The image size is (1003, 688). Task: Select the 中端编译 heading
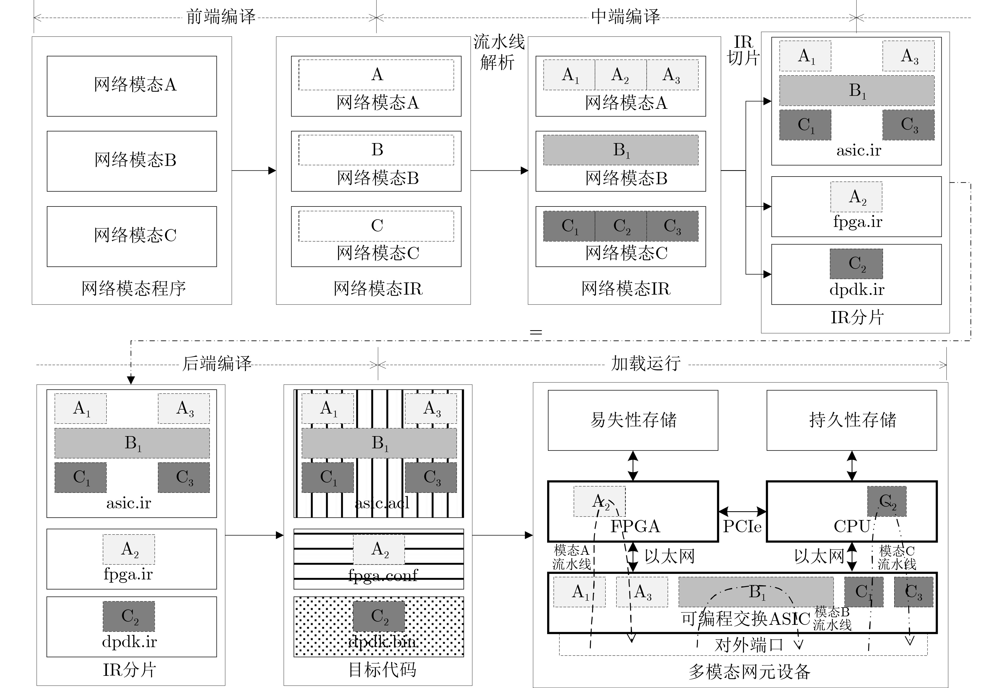pos(625,17)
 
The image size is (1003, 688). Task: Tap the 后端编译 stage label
pos(217,364)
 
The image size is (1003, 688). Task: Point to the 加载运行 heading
pos(646,364)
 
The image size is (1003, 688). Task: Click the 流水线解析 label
pos(499,52)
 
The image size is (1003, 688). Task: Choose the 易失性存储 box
pos(633,420)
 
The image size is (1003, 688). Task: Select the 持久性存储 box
pos(851,420)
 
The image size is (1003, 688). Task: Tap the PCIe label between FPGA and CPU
pos(742,526)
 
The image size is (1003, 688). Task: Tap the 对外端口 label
pos(749,645)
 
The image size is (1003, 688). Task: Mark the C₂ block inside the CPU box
pos(887,501)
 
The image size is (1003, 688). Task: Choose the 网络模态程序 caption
pos(133,288)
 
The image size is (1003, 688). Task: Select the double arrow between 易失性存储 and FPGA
pos(633,466)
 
